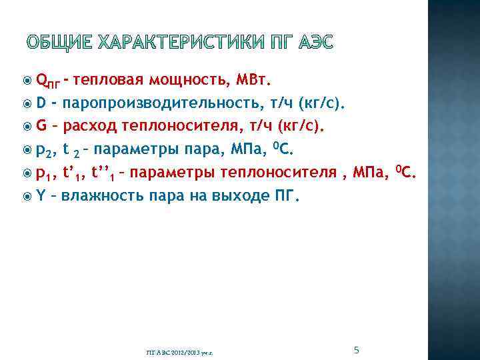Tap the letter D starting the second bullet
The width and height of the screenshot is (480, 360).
(41, 104)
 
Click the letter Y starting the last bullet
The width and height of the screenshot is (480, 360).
(41, 196)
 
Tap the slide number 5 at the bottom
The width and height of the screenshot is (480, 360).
(357, 350)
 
